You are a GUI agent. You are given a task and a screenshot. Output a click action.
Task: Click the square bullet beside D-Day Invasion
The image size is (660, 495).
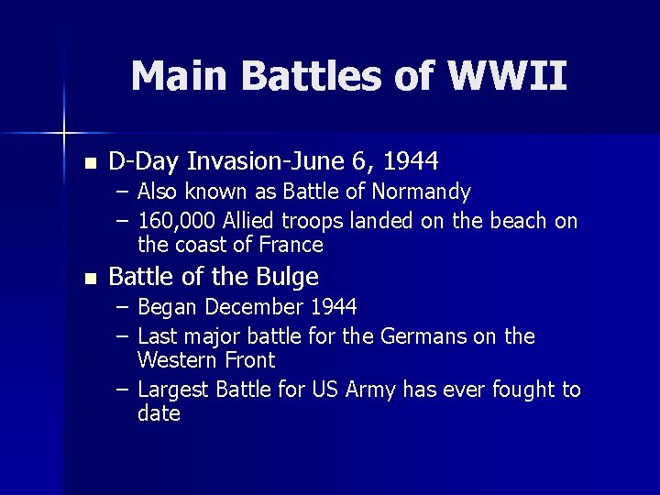[x=88, y=164]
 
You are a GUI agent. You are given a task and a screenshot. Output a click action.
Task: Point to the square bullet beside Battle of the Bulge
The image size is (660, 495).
[x=88, y=279]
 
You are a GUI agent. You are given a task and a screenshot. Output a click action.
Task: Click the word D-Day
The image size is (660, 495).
[x=144, y=162]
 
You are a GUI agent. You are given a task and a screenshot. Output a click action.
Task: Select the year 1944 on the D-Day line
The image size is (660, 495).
[x=411, y=162]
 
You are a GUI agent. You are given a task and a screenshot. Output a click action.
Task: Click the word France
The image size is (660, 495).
[x=291, y=245]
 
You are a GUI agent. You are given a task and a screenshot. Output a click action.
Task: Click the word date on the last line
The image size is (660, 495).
[x=159, y=414]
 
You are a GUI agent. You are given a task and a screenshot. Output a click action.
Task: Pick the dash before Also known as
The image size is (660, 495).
[x=123, y=192]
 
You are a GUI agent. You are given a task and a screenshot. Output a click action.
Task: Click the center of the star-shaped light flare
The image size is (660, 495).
[x=63, y=133]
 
